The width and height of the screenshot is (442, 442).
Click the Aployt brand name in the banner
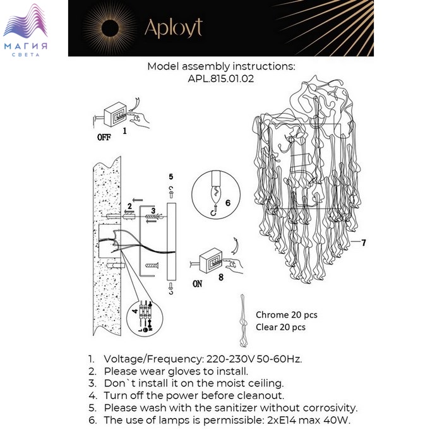(174, 28)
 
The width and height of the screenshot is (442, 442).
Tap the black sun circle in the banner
(110, 28)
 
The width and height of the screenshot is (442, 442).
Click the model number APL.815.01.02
(221, 78)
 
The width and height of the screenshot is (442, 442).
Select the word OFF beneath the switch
(104, 137)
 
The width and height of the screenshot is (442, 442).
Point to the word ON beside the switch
(197, 284)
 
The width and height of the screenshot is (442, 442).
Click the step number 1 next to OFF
(124, 131)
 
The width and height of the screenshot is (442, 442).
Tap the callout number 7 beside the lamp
(364, 242)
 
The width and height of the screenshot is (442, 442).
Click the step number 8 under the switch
(221, 277)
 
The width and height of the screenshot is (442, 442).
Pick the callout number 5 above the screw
(171, 177)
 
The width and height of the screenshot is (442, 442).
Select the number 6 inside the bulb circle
(228, 203)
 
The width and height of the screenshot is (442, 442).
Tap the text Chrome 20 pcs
(287, 315)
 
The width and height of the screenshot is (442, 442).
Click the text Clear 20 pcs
(280, 327)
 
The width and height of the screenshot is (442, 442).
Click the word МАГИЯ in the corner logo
(26, 46)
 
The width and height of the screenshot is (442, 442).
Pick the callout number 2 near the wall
(129, 206)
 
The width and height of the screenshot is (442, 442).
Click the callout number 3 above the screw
(153, 210)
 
